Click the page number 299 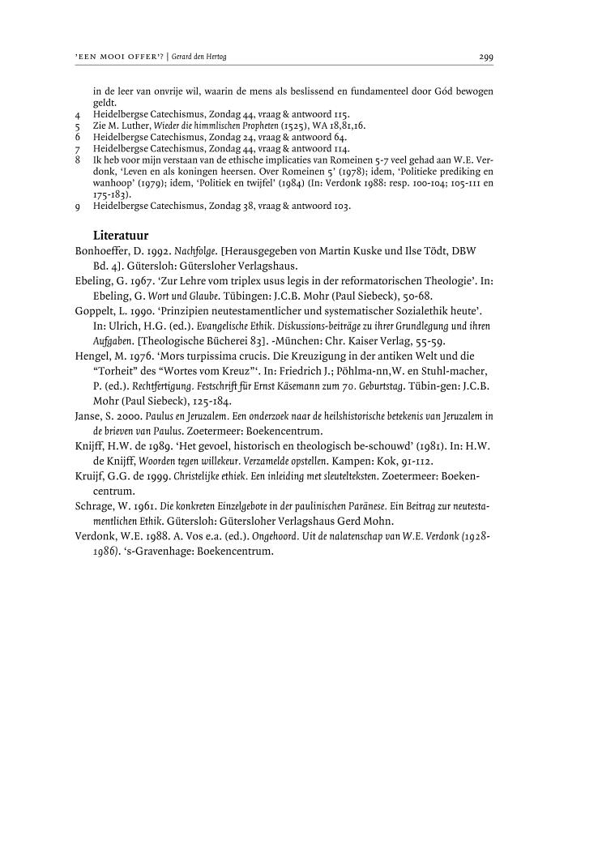[486, 58]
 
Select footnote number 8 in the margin [76, 161]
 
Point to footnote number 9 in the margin [76, 207]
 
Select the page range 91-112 [424, 459]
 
